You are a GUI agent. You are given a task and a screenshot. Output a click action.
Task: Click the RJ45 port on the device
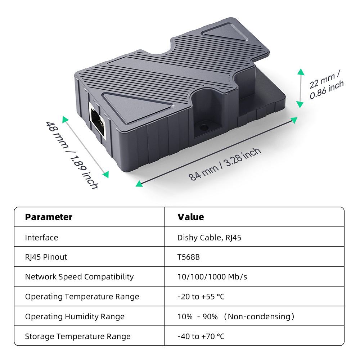coord(97,120)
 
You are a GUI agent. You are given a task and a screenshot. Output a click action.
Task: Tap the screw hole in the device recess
coord(204,127)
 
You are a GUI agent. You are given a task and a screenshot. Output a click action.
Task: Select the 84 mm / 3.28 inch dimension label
coord(225,164)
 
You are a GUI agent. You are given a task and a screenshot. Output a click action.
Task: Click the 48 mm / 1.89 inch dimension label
coord(72,155)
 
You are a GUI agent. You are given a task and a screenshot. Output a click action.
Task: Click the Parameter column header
coord(49,217)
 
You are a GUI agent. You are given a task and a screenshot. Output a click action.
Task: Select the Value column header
coord(190,217)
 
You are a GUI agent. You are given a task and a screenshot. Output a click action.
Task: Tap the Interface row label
coord(41,238)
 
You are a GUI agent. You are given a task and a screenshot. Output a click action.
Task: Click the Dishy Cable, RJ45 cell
coord(209,238)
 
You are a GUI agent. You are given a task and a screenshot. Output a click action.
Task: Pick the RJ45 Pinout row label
coord(46,257)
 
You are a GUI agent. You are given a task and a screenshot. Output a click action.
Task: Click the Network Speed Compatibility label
coord(79,277)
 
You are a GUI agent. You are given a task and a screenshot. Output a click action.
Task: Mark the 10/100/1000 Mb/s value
coord(212,277)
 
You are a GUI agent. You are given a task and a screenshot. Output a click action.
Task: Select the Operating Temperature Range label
coord(82,297)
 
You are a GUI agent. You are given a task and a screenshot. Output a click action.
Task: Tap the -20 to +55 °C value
coord(201,297)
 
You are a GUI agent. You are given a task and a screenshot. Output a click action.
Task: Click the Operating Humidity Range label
coord(75,316)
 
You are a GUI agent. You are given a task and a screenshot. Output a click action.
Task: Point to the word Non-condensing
coord(259,316)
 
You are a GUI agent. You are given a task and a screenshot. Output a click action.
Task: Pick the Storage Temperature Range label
coord(78,336)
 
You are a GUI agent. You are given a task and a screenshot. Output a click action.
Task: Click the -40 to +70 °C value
coord(201,336)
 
